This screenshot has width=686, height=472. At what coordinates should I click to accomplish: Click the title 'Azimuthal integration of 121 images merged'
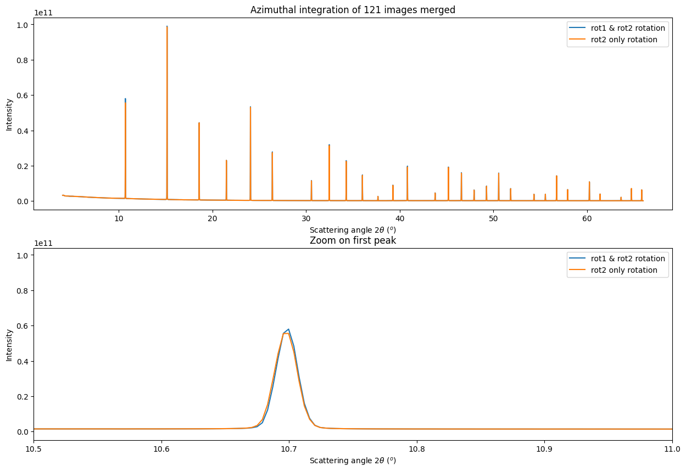(353, 10)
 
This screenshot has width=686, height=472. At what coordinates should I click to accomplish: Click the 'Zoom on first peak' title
(353, 240)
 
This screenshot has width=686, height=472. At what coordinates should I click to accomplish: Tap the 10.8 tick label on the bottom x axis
(417, 449)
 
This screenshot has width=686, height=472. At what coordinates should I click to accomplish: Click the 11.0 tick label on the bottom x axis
(672, 449)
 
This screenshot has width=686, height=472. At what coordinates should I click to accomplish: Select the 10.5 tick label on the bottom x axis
(34, 449)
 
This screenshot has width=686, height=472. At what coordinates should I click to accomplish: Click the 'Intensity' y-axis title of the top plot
(9, 114)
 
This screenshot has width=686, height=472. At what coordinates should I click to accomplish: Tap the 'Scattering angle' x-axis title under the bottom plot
(353, 460)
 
